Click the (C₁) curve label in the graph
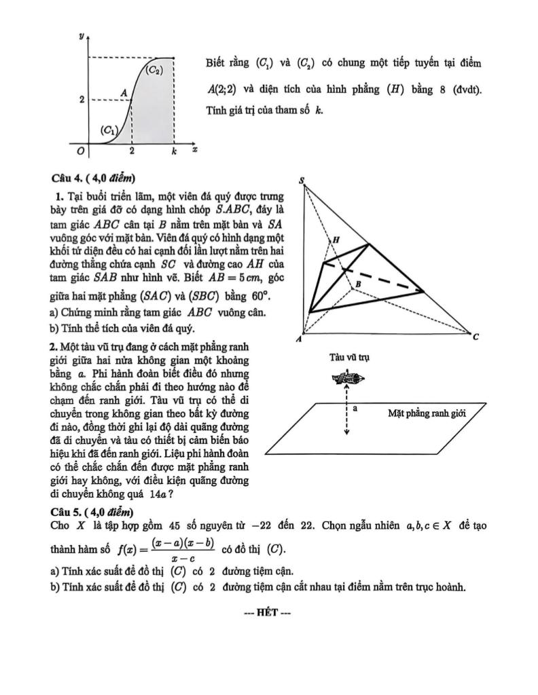109,130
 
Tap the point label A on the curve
124,92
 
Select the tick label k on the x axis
173,153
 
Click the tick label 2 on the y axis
82,100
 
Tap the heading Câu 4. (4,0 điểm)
93,179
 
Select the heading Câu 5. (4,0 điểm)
92,511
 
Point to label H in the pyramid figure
336,240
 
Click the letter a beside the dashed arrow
355,409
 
